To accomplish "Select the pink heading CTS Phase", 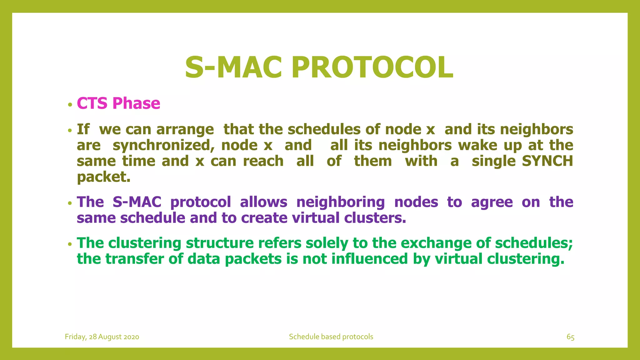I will [118, 103].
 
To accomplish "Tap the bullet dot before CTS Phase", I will [70, 105].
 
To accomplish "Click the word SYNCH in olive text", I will [547, 161].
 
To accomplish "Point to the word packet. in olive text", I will [103, 177].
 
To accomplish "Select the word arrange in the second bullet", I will [185, 129].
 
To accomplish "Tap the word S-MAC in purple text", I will [137, 202].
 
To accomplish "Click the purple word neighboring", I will [340, 202].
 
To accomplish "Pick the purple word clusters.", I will [375, 218].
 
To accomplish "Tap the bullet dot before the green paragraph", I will [70, 244].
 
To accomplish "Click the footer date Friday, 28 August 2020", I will [102, 337].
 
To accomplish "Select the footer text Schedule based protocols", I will [331, 337].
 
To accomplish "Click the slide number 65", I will [570, 337].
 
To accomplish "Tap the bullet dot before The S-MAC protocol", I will [70, 203].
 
